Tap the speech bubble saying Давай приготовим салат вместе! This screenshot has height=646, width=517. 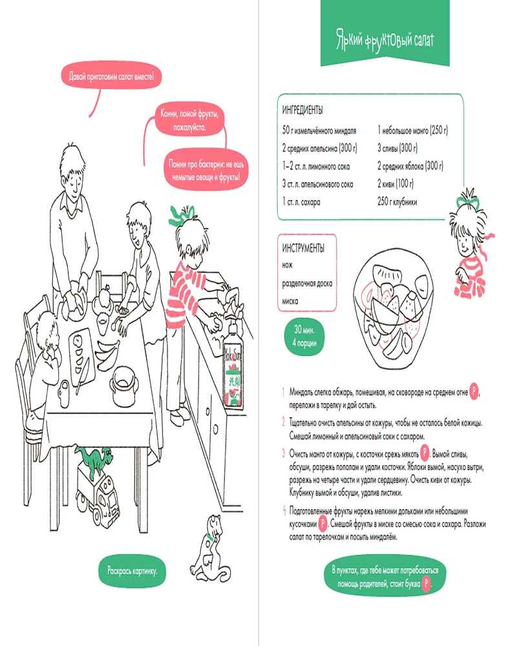point(111,76)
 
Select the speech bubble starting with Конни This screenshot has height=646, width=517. point(189,120)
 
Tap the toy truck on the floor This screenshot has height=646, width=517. point(98,499)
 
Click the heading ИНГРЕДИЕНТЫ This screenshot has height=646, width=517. point(302,110)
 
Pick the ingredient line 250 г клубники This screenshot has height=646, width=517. point(397,202)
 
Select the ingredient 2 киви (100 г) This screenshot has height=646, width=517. point(396,183)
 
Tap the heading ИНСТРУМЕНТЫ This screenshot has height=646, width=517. point(303,248)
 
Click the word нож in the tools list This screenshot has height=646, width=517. point(288,266)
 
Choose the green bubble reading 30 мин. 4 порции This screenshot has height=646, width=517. point(304,336)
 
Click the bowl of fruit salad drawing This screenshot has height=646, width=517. point(393,307)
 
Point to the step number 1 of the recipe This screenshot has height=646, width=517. point(284,392)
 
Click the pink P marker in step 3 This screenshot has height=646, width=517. point(425,453)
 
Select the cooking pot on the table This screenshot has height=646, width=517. point(123,386)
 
